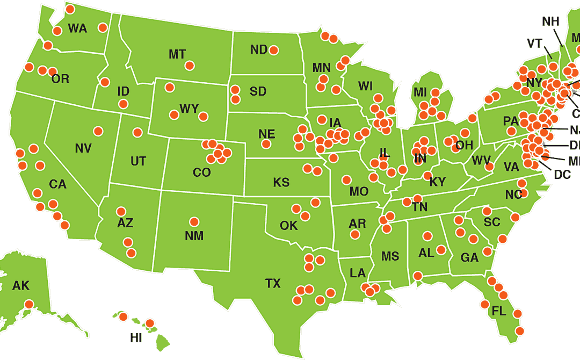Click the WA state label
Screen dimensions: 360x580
pos(77,29)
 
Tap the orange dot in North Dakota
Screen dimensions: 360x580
pos(273,50)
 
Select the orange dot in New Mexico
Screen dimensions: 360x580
pos(194,221)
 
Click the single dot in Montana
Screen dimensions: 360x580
pos(189,66)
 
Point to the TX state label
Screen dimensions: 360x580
pos(273,283)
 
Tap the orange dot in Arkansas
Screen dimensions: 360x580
pos(354,234)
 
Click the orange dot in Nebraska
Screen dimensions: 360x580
pos(265,144)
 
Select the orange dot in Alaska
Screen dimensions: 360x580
pos(29,304)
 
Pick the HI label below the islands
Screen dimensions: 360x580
pos(136,338)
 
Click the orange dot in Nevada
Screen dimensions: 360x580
pos(98,131)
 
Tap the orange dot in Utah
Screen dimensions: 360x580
pos(137,132)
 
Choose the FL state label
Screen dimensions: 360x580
pos(499,311)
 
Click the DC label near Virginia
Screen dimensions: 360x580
pos(562,175)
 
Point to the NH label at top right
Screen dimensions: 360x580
pos(550,21)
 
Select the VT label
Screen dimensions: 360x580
pos(534,44)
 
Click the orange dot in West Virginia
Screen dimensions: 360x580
pos(489,167)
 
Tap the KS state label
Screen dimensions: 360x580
pos(281,183)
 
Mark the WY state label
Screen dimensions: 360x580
pos(189,109)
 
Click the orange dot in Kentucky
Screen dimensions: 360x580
pos(427,176)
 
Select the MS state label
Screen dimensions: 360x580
pos(390,256)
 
